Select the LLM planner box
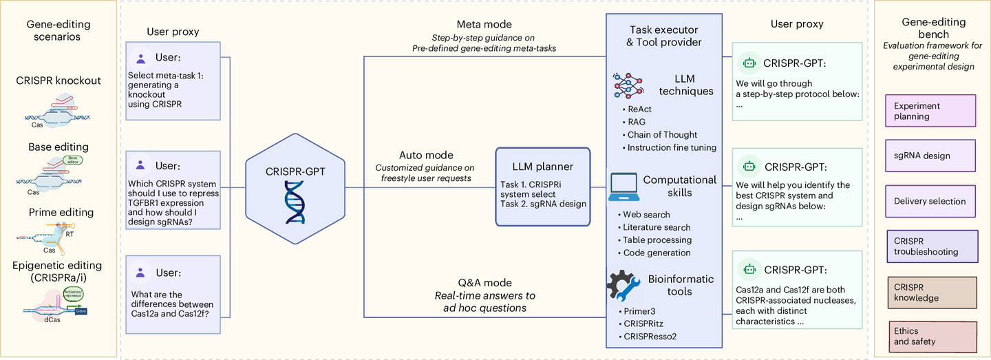[x=542, y=187]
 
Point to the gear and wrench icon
[x=625, y=288]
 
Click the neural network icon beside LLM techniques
[x=628, y=84]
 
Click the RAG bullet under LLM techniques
[x=637, y=122]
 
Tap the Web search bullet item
[x=646, y=215]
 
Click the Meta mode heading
[x=484, y=25]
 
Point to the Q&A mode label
[x=484, y=283]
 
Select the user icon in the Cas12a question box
[x=140, y=273]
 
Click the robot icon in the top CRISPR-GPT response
[x=748, y=63]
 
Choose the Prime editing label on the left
[x=61, y=213]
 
